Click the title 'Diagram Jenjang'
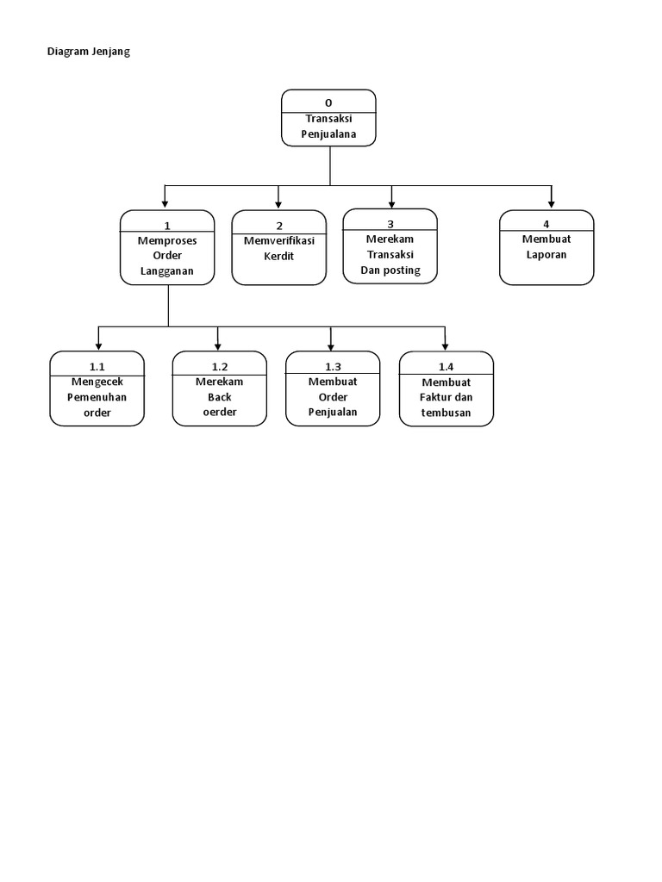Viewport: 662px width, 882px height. [88, 52]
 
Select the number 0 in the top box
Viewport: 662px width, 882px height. [328, 103]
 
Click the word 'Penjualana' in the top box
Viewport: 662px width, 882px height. [328, 134]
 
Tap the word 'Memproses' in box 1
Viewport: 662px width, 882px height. [167, 240]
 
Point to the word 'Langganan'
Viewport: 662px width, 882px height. [167, 271]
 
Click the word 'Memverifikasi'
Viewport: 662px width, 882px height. [279, 240]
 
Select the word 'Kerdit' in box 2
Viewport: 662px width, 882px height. [279, 256]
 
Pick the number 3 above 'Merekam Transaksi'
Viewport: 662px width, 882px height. [390, 223]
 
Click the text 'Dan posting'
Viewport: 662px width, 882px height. [390, 270]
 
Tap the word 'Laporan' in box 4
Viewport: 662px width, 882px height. [546, 255]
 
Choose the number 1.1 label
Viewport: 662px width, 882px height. [97, 367]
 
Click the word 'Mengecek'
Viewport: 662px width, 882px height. [97, 381]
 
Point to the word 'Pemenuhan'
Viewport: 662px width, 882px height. [97, 396]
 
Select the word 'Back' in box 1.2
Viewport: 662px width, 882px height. [220, 396]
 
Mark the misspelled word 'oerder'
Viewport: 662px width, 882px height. [220, 412]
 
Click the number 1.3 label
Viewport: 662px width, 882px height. [333, 367]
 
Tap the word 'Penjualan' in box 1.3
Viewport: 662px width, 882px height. [333, 412]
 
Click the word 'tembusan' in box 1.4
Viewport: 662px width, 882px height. [447, 412]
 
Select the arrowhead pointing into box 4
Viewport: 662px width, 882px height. [552, 204]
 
